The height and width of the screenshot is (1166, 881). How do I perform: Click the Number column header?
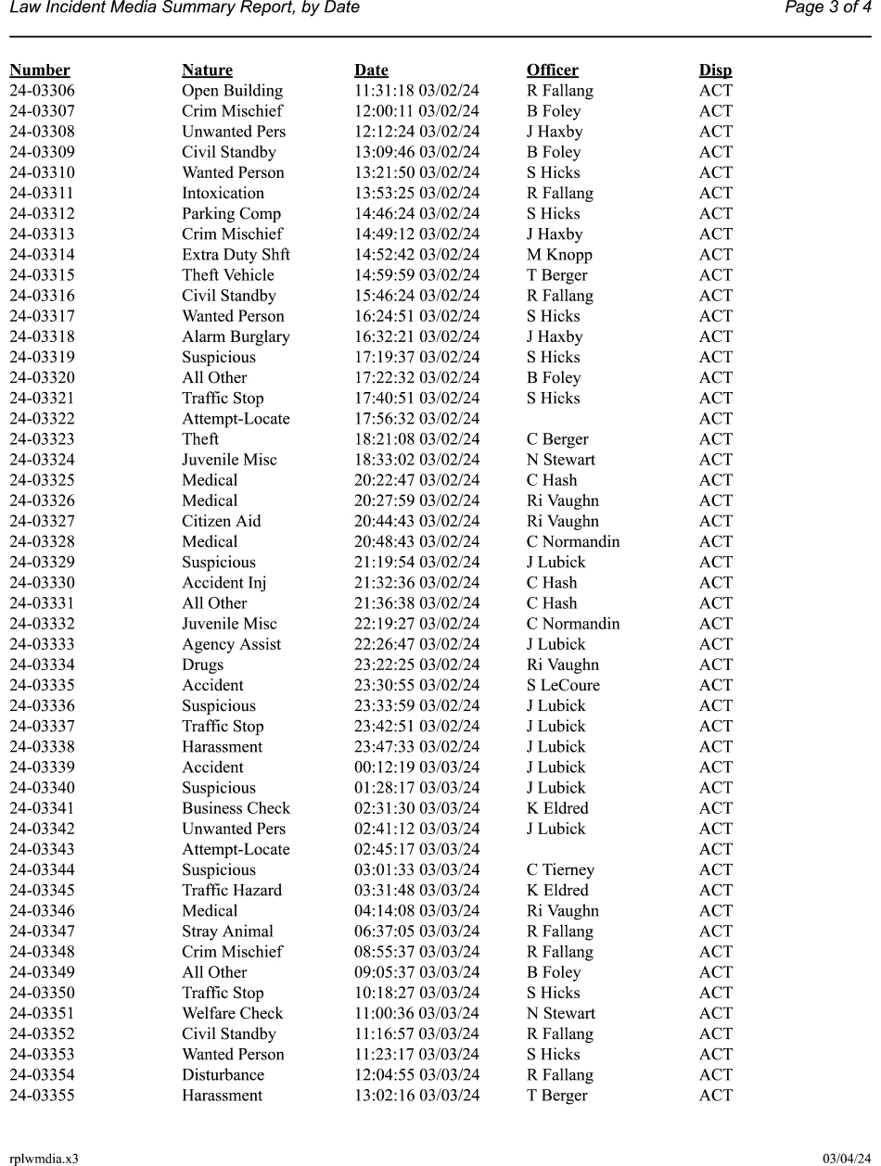pyautogui.click(x=40, y=70)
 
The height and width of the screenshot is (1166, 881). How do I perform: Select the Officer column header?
pyautogui.click(x=552, y=70)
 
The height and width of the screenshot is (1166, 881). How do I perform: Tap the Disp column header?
pyautogui.click(x=715, y=70)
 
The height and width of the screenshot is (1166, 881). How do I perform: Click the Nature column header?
pyautogui.click(x=207, y=70)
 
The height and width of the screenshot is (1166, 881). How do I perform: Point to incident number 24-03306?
pyautogui.click(x=43, y=91)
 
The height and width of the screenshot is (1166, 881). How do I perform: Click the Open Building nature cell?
pyautogui.click(x=232, y=91)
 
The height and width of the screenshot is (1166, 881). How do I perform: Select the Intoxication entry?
pyautogui.click(x=223, y=194)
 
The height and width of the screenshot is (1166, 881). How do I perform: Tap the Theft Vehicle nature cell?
pyautogui.click(x=228, y=275)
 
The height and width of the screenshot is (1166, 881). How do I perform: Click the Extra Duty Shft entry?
pyautogui.click(x=236, y=255)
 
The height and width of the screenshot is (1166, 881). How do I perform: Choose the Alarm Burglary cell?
pyautogui.click(x=236, y=336)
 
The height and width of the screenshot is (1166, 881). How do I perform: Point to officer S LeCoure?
pyautogui.click(x=563, y=685)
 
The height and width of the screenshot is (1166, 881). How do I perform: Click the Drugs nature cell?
pyautogui.click(x=202, y=665)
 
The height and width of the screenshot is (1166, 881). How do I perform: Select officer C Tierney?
pyautogui.click(x=560, y=869)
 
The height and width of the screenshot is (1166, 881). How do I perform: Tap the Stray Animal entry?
pyautogui.click(x=227, y=932)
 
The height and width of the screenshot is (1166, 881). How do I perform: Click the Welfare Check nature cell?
pyautogui.click(x=232, y=1013)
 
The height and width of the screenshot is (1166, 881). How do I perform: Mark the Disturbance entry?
pyautogui.click(x=223, y=1075)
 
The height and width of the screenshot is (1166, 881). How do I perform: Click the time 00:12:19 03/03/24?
pyautogui.click(x=417, y=767)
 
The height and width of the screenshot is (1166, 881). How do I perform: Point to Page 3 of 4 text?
pyautogui.click(x=827, y=8)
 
